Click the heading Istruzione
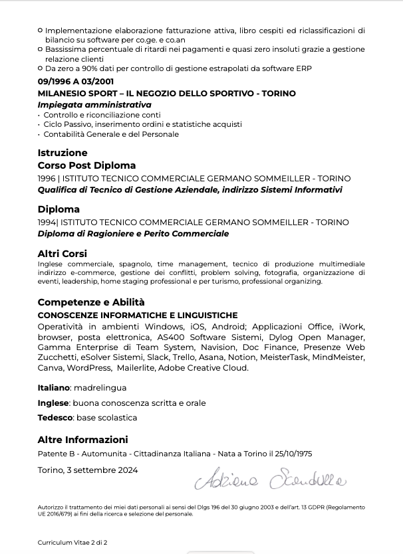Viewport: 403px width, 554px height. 63,153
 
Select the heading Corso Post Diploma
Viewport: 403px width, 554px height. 86,165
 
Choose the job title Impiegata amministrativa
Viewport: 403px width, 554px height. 94,105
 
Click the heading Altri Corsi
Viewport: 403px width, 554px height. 63,254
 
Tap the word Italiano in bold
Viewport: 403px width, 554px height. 53,388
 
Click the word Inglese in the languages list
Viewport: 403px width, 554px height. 53,403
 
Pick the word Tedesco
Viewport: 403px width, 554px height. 55,418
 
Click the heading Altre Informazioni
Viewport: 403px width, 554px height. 82,440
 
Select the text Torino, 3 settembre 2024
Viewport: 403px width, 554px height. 88,470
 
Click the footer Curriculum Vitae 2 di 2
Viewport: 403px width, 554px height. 72,543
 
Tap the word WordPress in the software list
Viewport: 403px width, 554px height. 89,367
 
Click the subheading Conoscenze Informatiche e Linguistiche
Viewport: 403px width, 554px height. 138,316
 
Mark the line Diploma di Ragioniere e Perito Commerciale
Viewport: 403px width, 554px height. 133,234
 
